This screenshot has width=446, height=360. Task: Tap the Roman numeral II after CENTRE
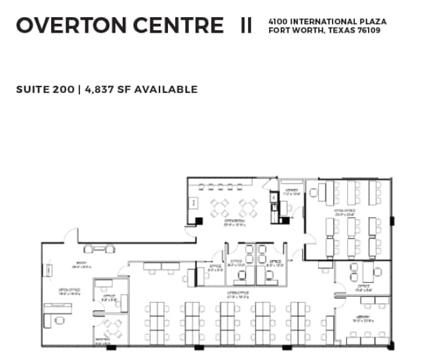pyautogui.click(x=246, y=26)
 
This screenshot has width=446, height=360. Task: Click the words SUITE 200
pyautogui.click(x=45, y=89)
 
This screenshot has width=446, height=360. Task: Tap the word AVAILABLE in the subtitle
pyautogui.click(x=166, y=89)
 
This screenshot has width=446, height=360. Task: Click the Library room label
pyautogui.click(x=363, y=318)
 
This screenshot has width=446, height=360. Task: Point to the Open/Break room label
pyautogui.click(x=234, y=222)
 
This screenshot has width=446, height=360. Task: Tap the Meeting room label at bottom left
pyautogui.click(x=102, y=341)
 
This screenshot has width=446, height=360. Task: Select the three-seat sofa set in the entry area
pyautogui.click(x=99, y=249)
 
